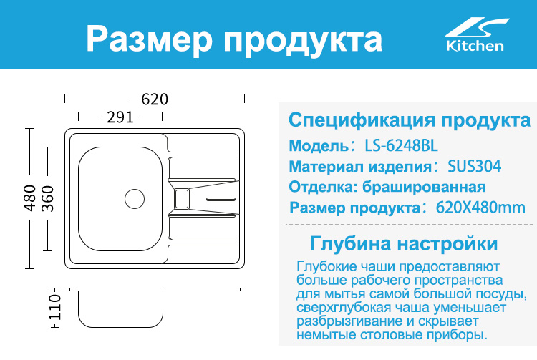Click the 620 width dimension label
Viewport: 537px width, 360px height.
(x=155, y=99)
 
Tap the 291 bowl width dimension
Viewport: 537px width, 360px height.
(x=120, y=117)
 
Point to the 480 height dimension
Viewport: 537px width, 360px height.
(x=30, y=198)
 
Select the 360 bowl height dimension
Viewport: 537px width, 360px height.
(x=47, y=198)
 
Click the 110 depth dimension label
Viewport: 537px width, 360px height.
(x=55, y=307)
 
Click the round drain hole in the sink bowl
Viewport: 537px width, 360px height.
(x=135, y=199)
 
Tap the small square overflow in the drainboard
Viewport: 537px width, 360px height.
(x=182, y=199)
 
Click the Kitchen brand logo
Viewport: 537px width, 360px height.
(x=475, y=35)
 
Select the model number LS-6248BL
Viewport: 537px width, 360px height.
(x=401, y=146)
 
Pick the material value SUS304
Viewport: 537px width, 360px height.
(x=474, y=166)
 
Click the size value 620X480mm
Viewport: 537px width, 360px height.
(x=480, y=208)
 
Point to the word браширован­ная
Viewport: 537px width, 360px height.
(x=424, y=188)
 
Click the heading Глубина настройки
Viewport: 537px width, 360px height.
(x=404, y=243)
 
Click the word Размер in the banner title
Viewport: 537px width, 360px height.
(x=150, y=39)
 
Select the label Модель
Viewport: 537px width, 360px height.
(x=319, y=146)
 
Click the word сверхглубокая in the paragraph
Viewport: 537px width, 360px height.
(x=344, y=308)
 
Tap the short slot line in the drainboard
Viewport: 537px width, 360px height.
(x=221, y=199)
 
